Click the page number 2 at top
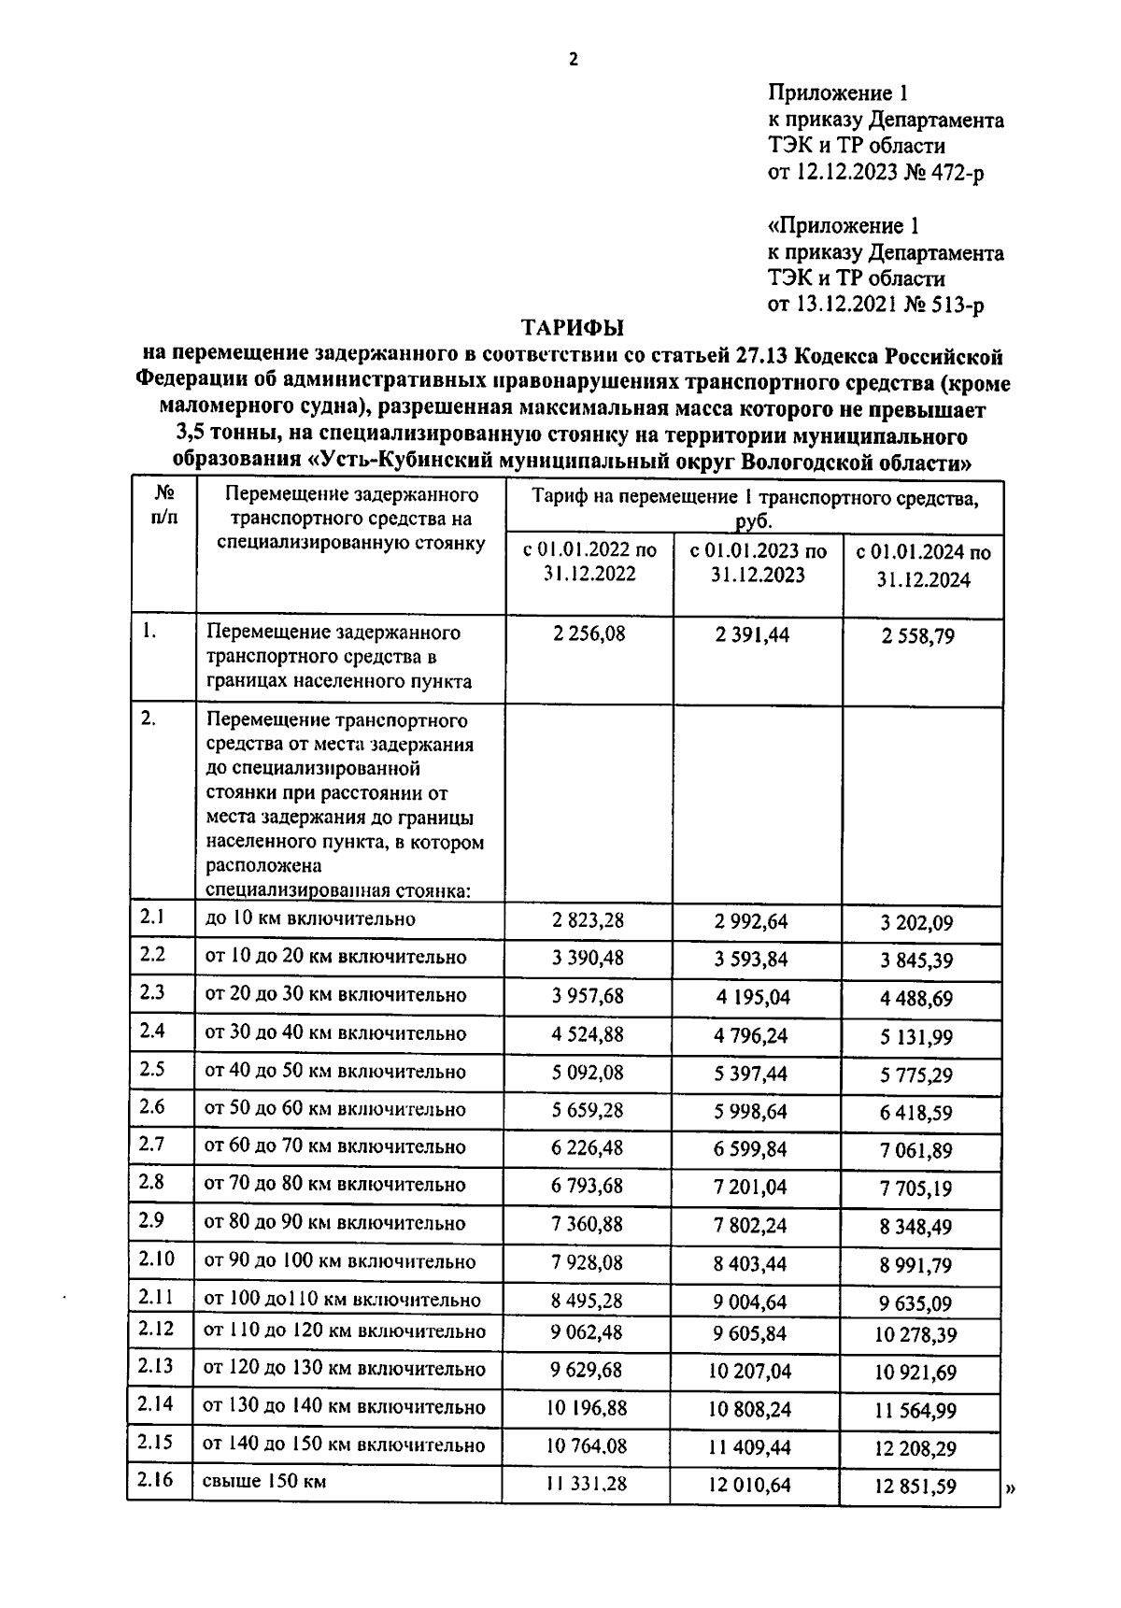click(x=574, y=60)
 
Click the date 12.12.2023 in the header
click(x=847, y=172)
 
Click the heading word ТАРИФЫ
click(x=572, y=328)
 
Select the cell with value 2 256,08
click(x=589, y=634)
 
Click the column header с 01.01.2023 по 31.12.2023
click(x=758, y=563)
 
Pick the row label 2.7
click(x=152, y=1145)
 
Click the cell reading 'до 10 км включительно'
click(x=309, y=919)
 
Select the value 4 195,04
click(x=753, y=997)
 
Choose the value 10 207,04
click(x=749, y=1371)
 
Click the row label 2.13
click(x=155, y=1366)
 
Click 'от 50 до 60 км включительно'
click(x=334, y=1110)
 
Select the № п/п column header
click(x=163, y=504)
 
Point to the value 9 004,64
click(x=749, y=1302)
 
